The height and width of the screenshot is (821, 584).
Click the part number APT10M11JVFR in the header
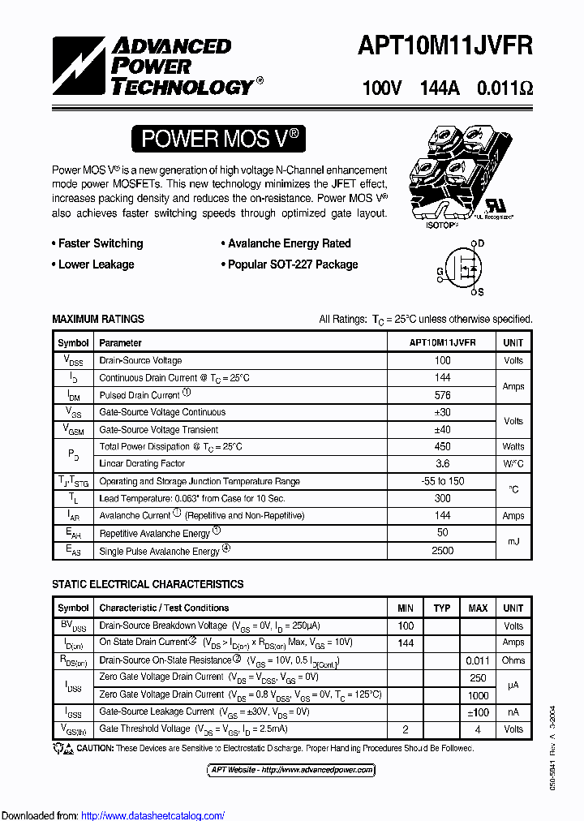445,46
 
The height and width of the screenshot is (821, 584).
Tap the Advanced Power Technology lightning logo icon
80,67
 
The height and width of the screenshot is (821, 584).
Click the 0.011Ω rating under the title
505,88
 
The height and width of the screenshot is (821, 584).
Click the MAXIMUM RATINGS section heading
98,320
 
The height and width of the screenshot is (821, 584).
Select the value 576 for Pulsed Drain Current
442,395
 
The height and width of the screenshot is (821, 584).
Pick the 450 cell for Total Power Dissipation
442,447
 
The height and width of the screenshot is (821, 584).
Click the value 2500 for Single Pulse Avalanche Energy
442,551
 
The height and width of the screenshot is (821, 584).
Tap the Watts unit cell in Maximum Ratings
513,447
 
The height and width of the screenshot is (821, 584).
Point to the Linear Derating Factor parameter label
142,464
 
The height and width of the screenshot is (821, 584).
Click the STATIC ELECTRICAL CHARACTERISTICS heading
148,584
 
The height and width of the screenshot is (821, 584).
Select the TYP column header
442,608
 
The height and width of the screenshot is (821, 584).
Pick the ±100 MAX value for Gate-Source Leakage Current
478,711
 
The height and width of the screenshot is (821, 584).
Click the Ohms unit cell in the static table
513,660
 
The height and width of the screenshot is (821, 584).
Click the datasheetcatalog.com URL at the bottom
153,816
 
